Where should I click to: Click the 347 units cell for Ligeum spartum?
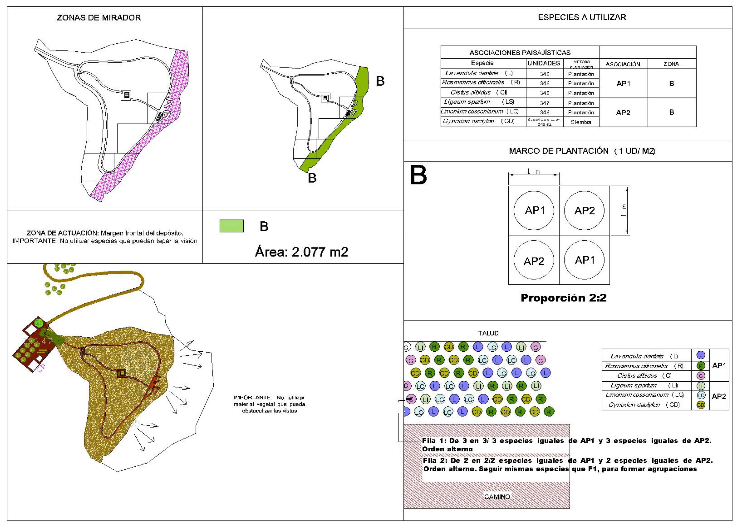pyautogui.click(x=545, y=103)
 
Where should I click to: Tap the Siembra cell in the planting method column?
pyautogui.click(x=581, y=122)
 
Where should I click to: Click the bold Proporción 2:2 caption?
pyautogui.click(x=563, y=298)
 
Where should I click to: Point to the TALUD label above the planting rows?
pyautogui.click(x=488, y=333)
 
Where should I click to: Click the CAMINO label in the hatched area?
pyautogui.click(x=497, y=497)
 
